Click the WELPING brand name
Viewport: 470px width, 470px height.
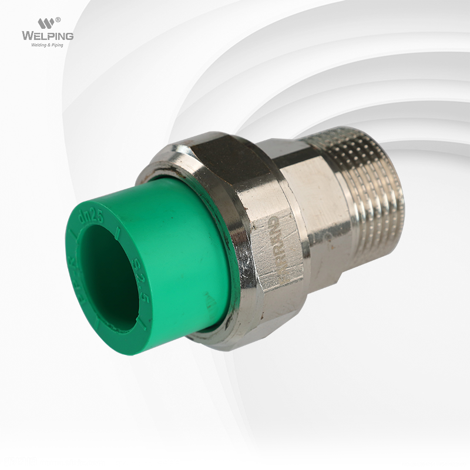click(x=48, y=36)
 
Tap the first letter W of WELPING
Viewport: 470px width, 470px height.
click(x=27, y=36)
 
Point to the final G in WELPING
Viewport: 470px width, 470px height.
click(x=69, y=36)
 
